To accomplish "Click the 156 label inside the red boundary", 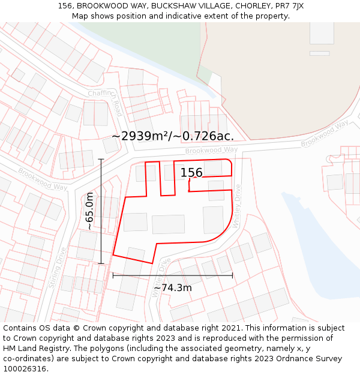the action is point(191,173).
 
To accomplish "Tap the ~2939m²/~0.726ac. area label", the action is point(173,136).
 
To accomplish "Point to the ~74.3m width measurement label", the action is point(173,288).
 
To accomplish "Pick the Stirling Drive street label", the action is point(57,268).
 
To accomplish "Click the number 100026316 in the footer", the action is point(25,369).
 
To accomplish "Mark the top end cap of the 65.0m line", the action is point(101,160).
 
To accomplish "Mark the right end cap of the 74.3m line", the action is point(232,275).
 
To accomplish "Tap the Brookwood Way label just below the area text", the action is point(211,150).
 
